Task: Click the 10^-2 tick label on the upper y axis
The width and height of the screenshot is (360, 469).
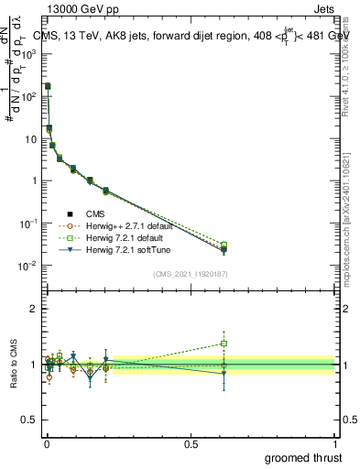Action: [28, 266]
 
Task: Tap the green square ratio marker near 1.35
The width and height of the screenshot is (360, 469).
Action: [223, 344]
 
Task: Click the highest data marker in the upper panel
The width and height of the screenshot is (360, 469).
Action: [48, 86]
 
